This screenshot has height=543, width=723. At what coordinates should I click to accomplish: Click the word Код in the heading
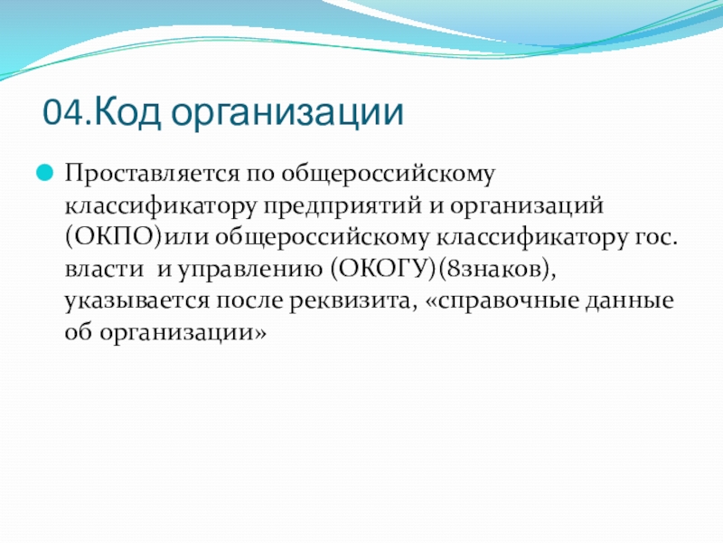click(x=127, y=112)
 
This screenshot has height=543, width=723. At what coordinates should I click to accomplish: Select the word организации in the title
click(x=287, y=114)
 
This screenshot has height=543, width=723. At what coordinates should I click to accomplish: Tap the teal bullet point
click(x=44, y=174)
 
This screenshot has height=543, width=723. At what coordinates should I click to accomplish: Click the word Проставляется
click(x=152, y=174)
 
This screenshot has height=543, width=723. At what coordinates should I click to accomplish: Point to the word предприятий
click(x=343, y=206)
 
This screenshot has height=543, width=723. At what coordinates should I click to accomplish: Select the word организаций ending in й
click(x=527, y=205)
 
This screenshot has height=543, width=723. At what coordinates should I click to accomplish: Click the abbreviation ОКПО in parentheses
click(x=115, y=237)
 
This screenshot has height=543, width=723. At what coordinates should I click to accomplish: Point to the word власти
click(x=104, y=269)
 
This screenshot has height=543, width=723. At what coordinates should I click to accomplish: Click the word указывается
click(x=137, y=302)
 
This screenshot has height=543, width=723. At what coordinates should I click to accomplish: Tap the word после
click(x=249, y=301)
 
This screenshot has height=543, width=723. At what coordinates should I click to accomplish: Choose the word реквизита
click(x=350, y=302)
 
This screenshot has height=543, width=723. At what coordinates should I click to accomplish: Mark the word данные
click(x=629, y=301)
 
